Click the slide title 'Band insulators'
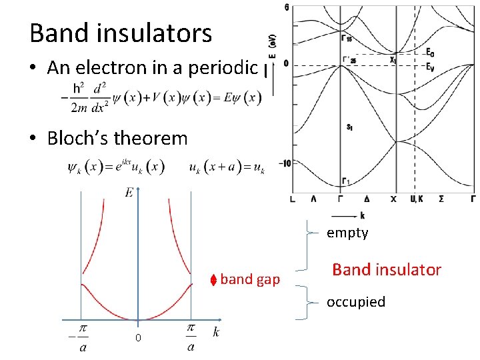click(121, 33)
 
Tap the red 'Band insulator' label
click(387, 270)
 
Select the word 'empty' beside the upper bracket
click(347, 233)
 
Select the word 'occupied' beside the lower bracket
click(356, 302)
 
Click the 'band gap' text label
click(250, 279)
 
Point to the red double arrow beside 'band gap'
click(213, 279)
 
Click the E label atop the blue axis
click(129, 193)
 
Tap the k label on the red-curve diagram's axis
click(216, 332)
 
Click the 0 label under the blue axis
click(138, 339)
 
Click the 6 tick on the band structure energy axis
click(287, 7)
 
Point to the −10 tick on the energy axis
click(284, 163)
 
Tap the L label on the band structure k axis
click(293, 199)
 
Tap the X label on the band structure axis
click(393, 199)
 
